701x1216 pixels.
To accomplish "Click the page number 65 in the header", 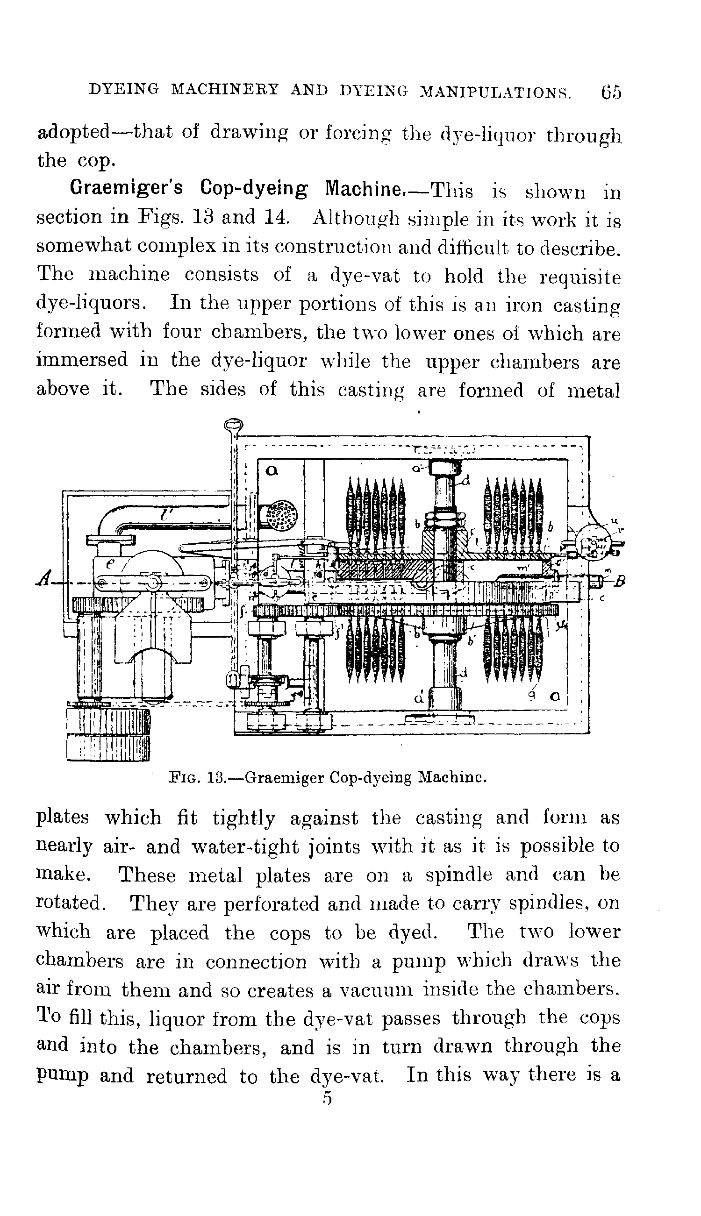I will pos(610,92).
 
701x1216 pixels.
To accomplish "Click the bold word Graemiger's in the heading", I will pos(126,188).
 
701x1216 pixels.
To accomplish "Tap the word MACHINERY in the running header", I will pos(225,90).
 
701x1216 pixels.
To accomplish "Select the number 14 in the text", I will pos(276,218).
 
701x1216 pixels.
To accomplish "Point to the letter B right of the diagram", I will pos(620,581).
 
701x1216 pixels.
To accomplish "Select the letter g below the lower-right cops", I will pos(531,696).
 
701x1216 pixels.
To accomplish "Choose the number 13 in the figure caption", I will pos(217,777).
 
